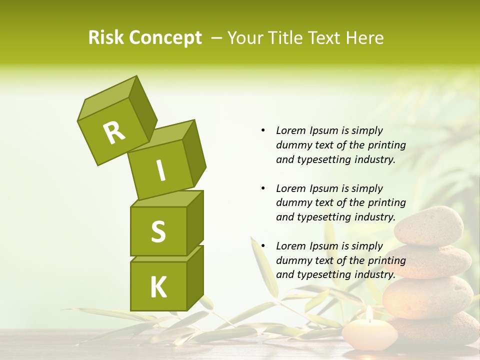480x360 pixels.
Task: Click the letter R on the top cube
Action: [114, 132]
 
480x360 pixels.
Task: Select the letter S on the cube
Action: [158, 231]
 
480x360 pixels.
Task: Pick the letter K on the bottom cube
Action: [158, 287]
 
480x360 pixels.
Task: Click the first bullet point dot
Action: [262, 130]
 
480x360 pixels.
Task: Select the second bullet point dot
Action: [262, 188]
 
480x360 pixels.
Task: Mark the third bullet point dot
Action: [262, 246]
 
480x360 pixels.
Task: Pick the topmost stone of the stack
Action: [429, 226]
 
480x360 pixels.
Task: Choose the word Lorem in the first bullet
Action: [290, 130]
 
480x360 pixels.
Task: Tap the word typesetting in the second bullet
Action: [320, 217]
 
